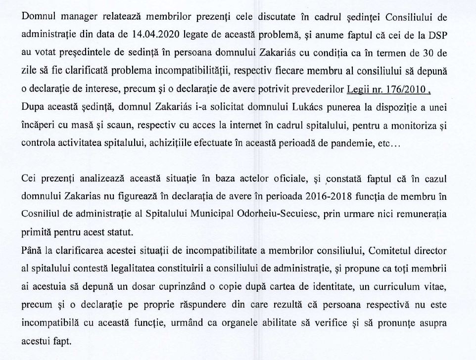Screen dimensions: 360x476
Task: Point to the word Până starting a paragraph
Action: [x=31, y=251]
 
